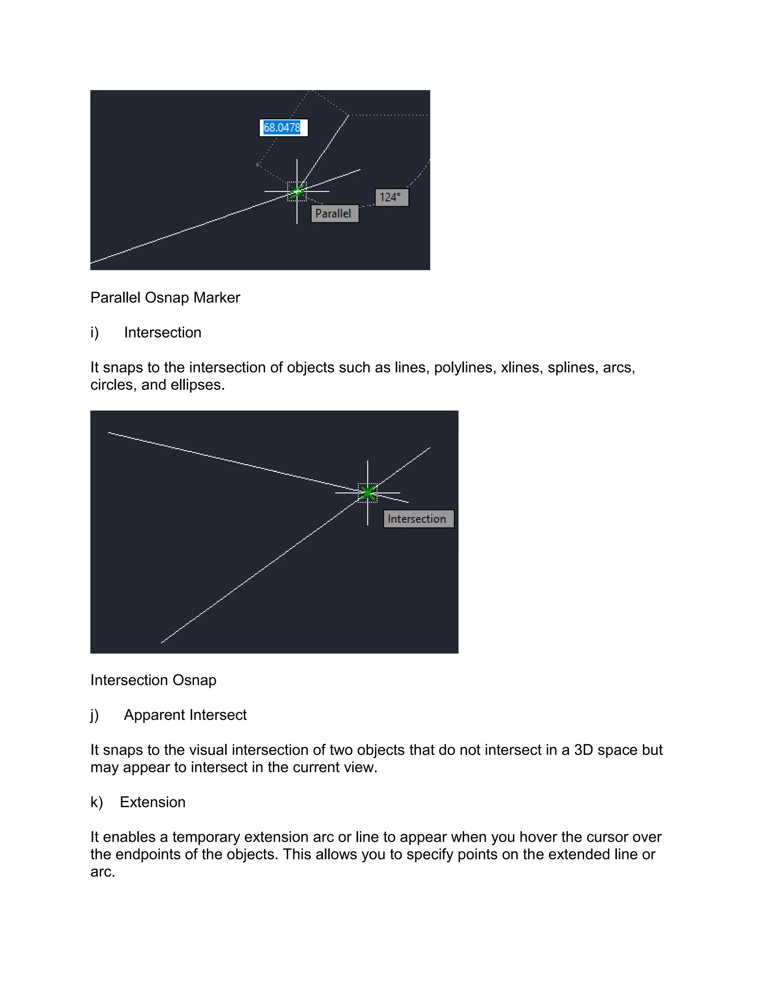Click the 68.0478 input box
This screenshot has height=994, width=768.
283,128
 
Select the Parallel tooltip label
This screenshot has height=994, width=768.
334,213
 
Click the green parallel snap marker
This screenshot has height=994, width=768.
297,192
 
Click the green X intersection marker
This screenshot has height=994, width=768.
367,493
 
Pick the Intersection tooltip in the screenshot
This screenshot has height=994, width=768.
418,519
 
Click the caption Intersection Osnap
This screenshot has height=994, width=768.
153,680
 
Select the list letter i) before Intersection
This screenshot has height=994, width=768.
94,333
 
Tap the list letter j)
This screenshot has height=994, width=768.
94,715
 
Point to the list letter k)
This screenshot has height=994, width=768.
96,802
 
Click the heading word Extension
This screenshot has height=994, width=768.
152,802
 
